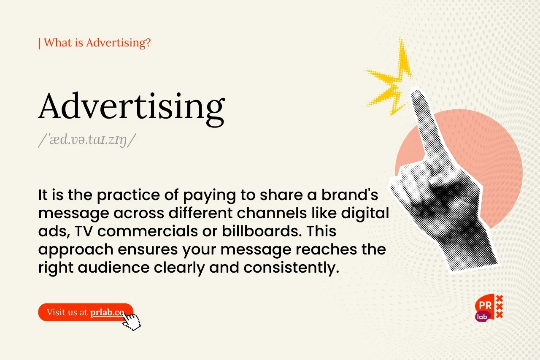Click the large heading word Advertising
[131, 107]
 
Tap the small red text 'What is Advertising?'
[97, 43]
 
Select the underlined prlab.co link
[107, 312]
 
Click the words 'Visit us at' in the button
[67, 312]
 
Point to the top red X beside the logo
[499, 299]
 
